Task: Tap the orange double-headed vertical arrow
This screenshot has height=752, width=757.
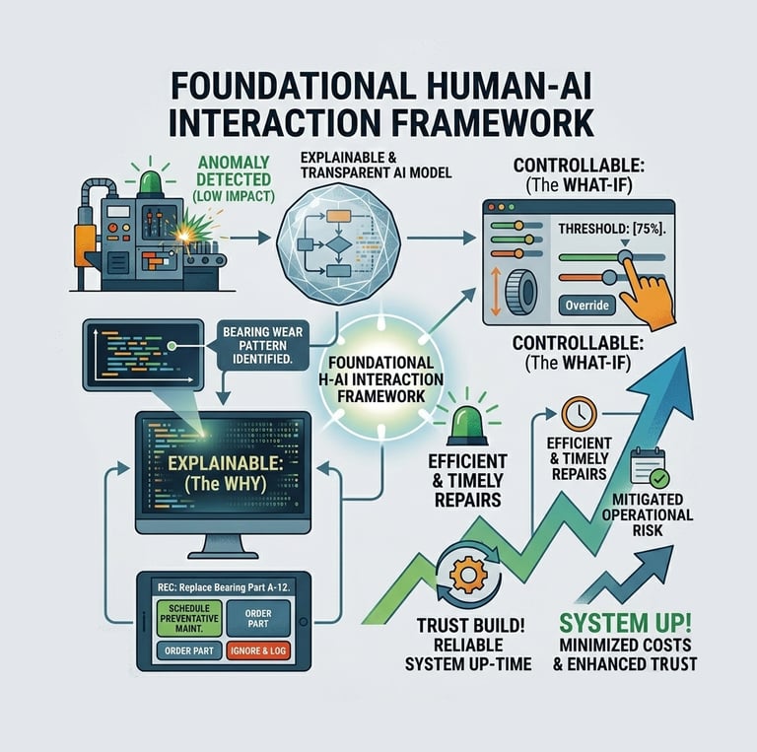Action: click(x=498, y=286)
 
